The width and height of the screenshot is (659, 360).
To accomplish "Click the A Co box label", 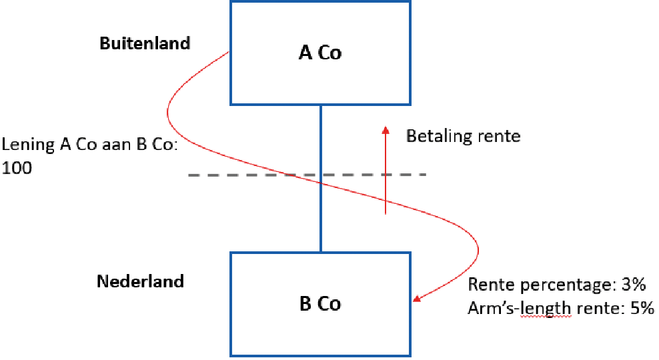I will (x=319, y=53).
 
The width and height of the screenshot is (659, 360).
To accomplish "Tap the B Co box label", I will (x=320, y=304).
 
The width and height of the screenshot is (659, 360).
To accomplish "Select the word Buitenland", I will (x=145, y=43).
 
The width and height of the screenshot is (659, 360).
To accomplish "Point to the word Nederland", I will (x=140, y=281).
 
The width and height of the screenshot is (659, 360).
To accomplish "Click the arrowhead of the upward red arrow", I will (x=386, y=130).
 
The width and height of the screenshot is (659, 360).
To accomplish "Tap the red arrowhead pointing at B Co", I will (x=417, y=299).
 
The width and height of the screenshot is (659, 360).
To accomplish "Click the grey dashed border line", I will (x=233, y=175).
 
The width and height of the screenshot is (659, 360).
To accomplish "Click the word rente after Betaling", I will (x=498, y=137).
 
